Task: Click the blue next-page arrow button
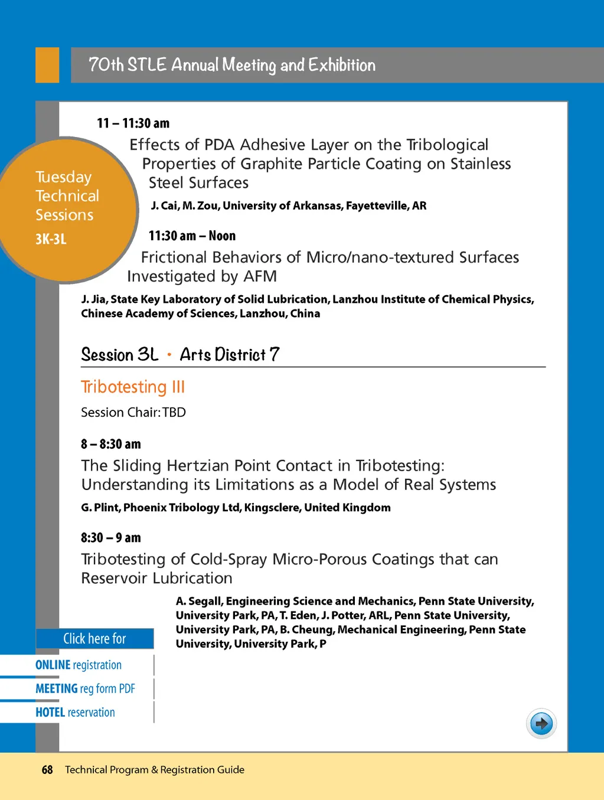541,723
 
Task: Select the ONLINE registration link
79,665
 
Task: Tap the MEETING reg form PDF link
85,688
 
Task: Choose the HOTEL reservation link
75,712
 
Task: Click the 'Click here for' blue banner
94,639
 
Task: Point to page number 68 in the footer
47,770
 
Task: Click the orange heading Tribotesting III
133,387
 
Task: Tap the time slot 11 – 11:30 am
133,123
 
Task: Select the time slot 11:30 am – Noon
192,236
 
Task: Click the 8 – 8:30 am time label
111,444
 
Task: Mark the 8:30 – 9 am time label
111,538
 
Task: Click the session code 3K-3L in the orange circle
51,239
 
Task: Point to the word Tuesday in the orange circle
64,177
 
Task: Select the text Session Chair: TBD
133,412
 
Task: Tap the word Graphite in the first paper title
271,164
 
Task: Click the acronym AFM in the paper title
260,276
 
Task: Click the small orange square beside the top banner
47,65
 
